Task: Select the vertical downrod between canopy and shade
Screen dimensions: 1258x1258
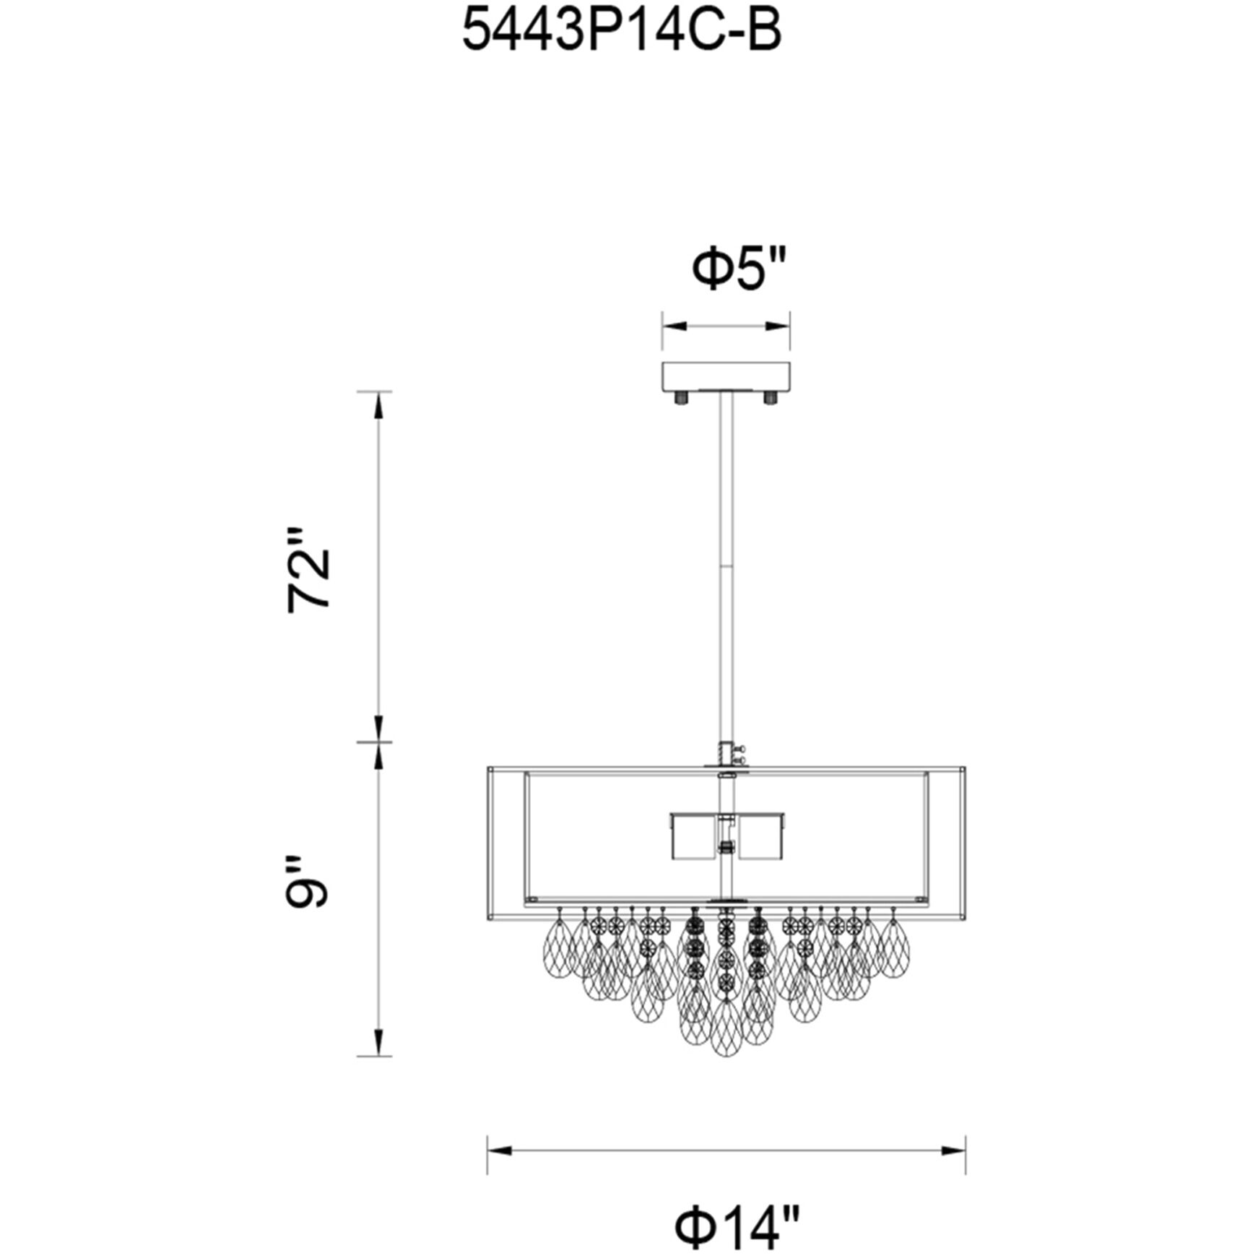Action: pyautogui.click(x=726, y=563)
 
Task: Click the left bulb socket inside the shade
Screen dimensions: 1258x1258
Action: pyautogui.click(x=692, y=837)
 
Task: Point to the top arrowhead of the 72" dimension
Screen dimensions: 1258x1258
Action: pyautogui.click(x=376, y=402)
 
